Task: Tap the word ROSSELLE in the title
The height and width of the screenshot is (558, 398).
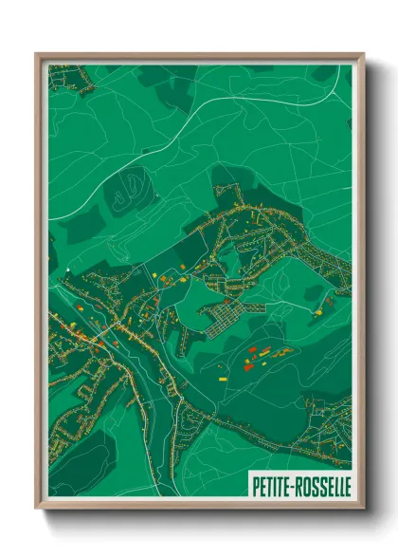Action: pyautogui.click(x=321, y=485)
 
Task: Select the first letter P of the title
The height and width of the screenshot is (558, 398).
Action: pyautogui.click(x=255, y=485)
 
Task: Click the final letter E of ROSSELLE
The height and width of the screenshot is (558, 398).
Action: pyautogui.click(x=346, y=485)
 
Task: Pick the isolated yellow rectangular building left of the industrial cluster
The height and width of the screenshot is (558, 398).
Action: pyautogui.click(x=225, y=377)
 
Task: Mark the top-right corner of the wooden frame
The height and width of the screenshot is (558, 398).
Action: pyautogui.click(x=362, y=55)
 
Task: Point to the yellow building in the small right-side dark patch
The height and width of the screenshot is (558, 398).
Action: pyautogui.click(x=328, y=302)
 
